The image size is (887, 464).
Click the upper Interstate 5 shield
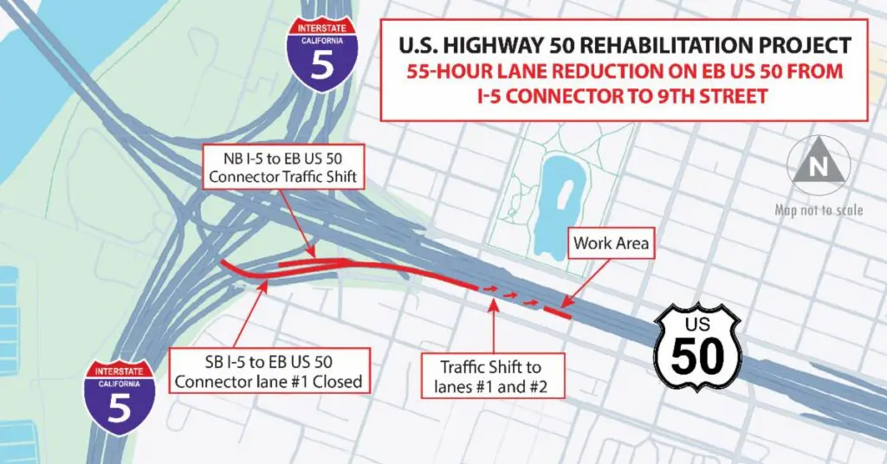tap(322, 54)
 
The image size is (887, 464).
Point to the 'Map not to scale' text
tap(819, 209)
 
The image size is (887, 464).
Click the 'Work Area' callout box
tap(611, 243)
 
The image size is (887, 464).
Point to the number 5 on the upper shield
tap(322, 66)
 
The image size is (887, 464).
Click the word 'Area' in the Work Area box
tap(631, 243)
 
